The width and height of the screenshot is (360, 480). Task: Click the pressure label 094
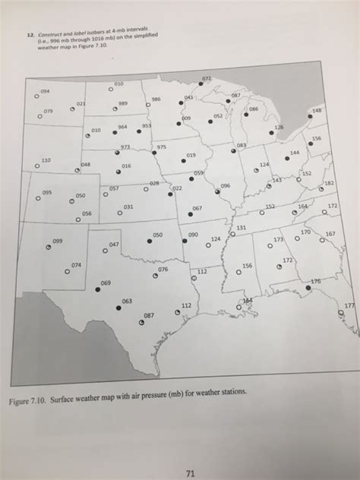tap(45, 90)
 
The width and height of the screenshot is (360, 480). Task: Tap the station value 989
tap(123, 105)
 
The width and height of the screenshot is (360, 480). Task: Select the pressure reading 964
tap(122, 128)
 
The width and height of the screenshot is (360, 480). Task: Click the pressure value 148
tap(316, 111)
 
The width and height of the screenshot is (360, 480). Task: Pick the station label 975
tap(162, 146)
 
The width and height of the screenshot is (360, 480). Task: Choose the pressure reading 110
tap(46, 161)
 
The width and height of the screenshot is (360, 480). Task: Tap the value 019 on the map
tap(191, 154)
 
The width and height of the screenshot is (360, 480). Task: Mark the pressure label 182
tap(329, 183)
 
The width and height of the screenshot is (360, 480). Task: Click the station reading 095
tap(47, 192)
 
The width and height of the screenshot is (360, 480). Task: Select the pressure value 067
tap(197, 207)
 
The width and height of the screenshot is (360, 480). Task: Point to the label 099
tap(57, 240)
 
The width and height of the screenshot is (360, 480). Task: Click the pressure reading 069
tap(106, 282)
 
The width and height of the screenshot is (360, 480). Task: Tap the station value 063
tap(128, 301)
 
